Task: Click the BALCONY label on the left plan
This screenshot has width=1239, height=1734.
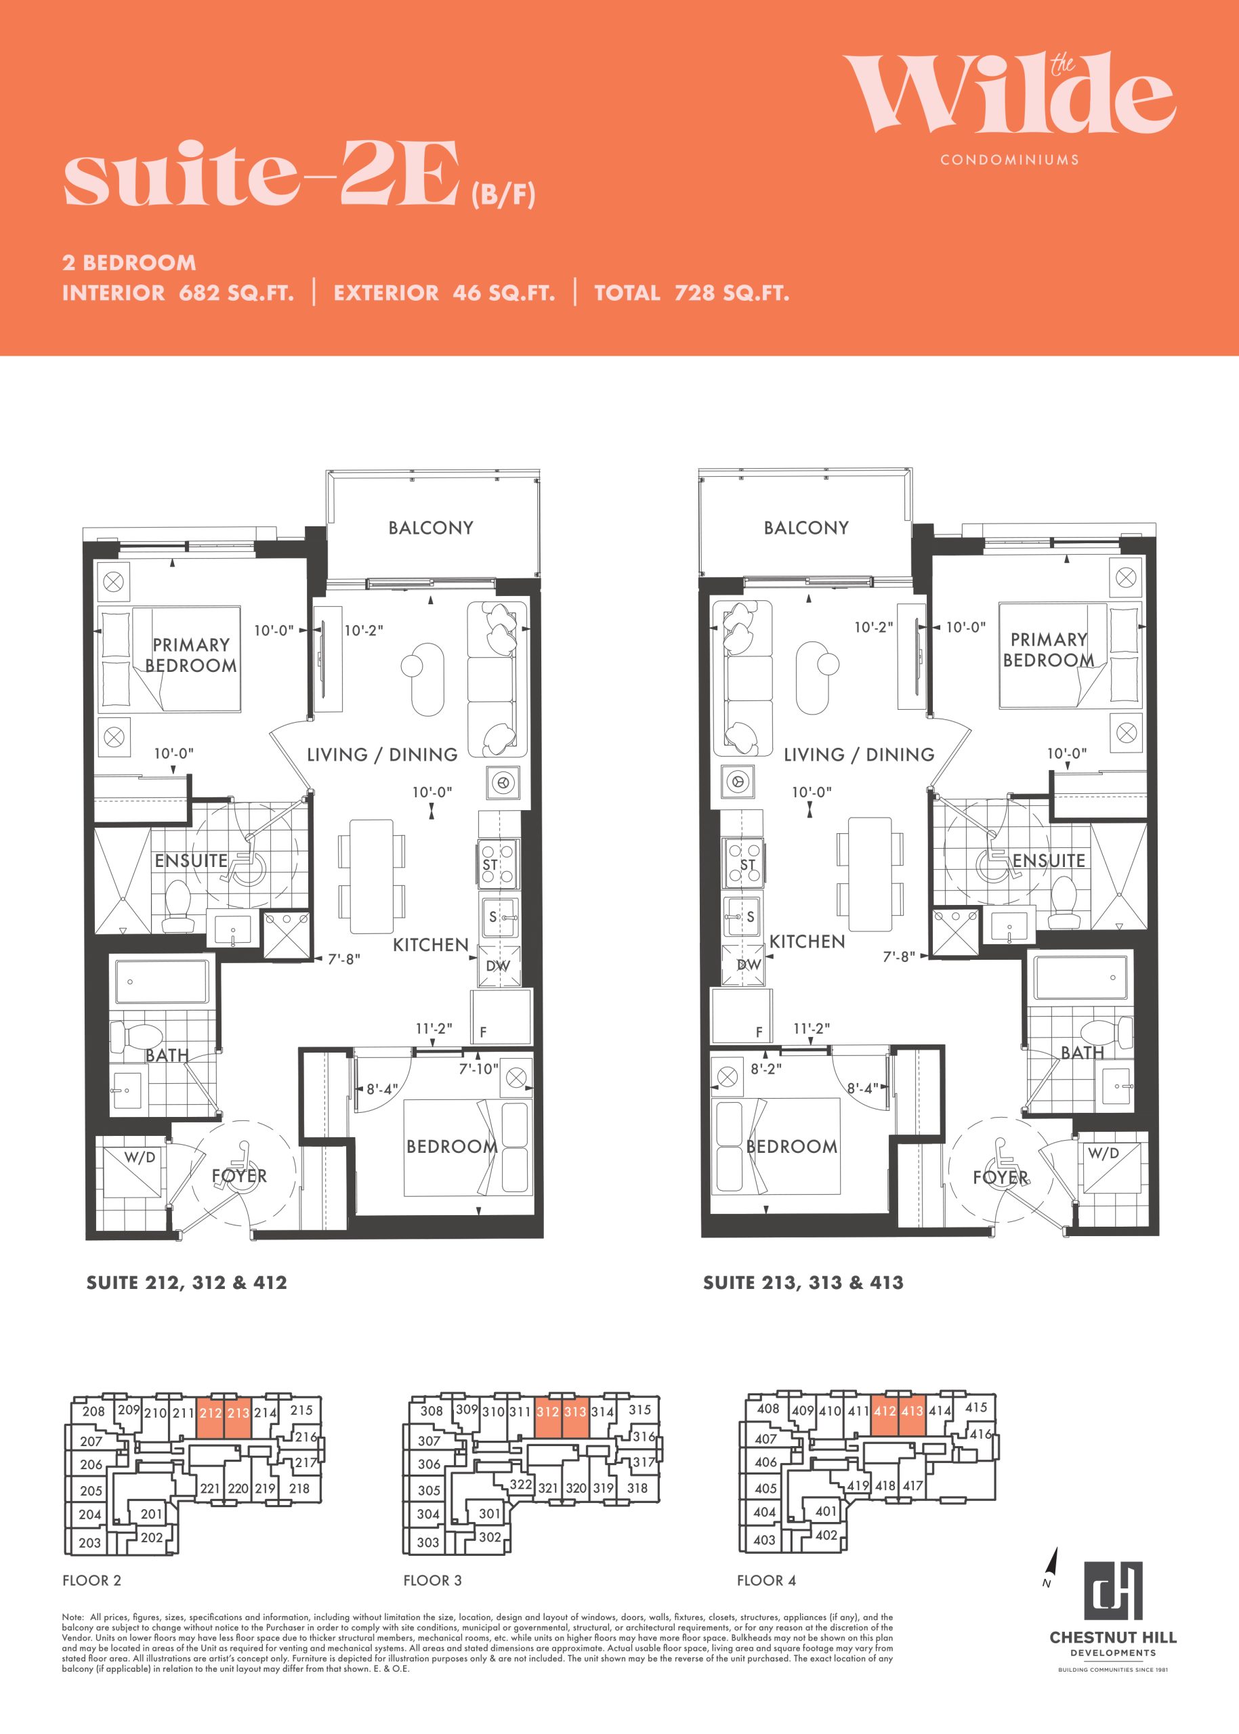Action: pyautogui.click(x=430, y=528)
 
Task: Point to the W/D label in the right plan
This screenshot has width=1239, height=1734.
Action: pyautogui.click(x=1104, y=1153)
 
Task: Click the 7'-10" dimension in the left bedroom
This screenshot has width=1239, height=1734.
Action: pyautogui.click(x=478, y=1069)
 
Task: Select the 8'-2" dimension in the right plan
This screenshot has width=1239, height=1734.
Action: pyautogui.click(x=766, y=1069)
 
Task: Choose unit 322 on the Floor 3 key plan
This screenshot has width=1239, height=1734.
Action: pyautogui.click(x=521, y=1484)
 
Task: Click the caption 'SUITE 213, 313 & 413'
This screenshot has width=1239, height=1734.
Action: pyautogui.click(x=803, y=1283)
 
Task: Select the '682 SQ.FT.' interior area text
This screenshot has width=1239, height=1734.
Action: pyautogui.click(x=236, y=293)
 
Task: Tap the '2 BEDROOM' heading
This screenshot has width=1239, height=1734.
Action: pyautogui.click(x=129, y=262)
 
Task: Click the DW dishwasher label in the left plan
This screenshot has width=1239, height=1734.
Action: pyautogui.click(x=498, y=966)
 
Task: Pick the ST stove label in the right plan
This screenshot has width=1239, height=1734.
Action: pyautogui.click(x=748, y=864)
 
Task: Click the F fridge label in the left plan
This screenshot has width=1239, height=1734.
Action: pyautogui.click(x=483, y=1033)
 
